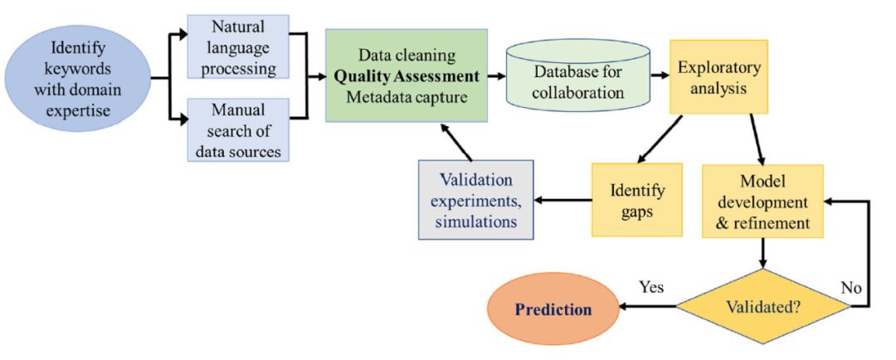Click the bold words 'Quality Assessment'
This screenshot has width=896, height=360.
[x=407, y=76]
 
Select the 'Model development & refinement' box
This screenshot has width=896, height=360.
[x=762, y=202]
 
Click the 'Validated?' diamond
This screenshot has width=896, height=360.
[x=763, y=306]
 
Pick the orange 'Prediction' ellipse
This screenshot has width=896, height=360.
[x=553, y=309]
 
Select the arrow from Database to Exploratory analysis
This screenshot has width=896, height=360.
[x=660, y=75]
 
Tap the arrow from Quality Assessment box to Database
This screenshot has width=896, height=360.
[x=497, y=75]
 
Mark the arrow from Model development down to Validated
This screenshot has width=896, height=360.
[x=763, y=252]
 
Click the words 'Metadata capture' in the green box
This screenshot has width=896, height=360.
[x=407, y=98]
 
